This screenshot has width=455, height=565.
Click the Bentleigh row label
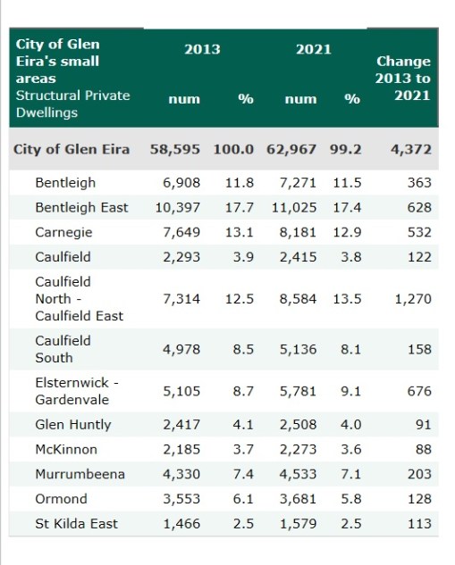point(64,182)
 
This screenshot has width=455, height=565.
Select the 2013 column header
point(202,49)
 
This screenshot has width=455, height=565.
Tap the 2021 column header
point(313,49)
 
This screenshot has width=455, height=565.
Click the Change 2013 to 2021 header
point(403,79)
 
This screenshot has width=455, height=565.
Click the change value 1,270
point(412,299)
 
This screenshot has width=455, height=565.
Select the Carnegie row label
point(63,232)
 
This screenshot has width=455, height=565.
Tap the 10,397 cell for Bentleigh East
point(177,207)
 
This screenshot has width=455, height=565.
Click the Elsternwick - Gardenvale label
point(77,391)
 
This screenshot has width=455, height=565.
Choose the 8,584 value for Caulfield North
point(298,299)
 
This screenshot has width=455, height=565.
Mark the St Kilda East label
point(76,523)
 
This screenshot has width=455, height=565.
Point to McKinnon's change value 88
point(424,449)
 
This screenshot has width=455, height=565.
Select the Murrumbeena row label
point(80,474)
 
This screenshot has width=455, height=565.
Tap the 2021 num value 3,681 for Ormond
point(298,498)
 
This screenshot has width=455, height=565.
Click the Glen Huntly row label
point(72,424)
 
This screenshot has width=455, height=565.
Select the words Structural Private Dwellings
point(72,104)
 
